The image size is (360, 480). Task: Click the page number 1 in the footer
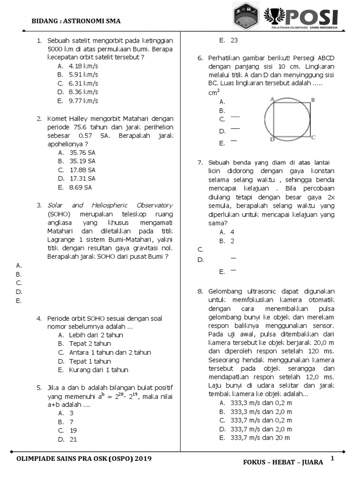click(332, 458)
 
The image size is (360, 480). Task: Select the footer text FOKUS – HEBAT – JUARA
click(283, 462)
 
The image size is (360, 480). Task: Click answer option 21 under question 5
click(73, 439)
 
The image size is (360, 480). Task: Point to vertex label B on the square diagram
click(313, 99)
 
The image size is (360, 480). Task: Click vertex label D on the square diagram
click(272, 139)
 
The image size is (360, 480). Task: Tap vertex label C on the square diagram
click(313, 137)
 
